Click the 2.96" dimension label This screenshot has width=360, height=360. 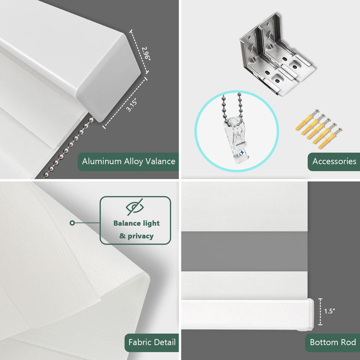pyautogui.click(x=146, y=53)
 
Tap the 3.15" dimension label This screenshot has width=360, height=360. pyautogui.click(x=132, y=105)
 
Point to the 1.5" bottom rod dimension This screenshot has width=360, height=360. pyautogui.click(x=329, y=311)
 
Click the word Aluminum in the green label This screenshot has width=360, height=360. pyautogui.click(x=101, y=161)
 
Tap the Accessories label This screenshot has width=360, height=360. pyautogui.click(x=334, y=161)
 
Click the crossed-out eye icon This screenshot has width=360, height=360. pyautogui.click(x=135, y=207)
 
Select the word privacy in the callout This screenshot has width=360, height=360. pyautogui.click(x=140, y=236)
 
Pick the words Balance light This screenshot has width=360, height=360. pyautogui.click(x=136, y=223)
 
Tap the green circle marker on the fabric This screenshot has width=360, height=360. pyautogui.click(x=72, y=222)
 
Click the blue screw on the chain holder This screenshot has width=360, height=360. pyautogui.click(x=241, y=152)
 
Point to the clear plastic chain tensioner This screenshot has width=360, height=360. pyautogui.click(x=236, y=139)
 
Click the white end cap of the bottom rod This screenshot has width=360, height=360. pyautogui.click(x=310, y=314)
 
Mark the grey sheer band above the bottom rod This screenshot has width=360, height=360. pyautogui.click(x=244, y=251)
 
